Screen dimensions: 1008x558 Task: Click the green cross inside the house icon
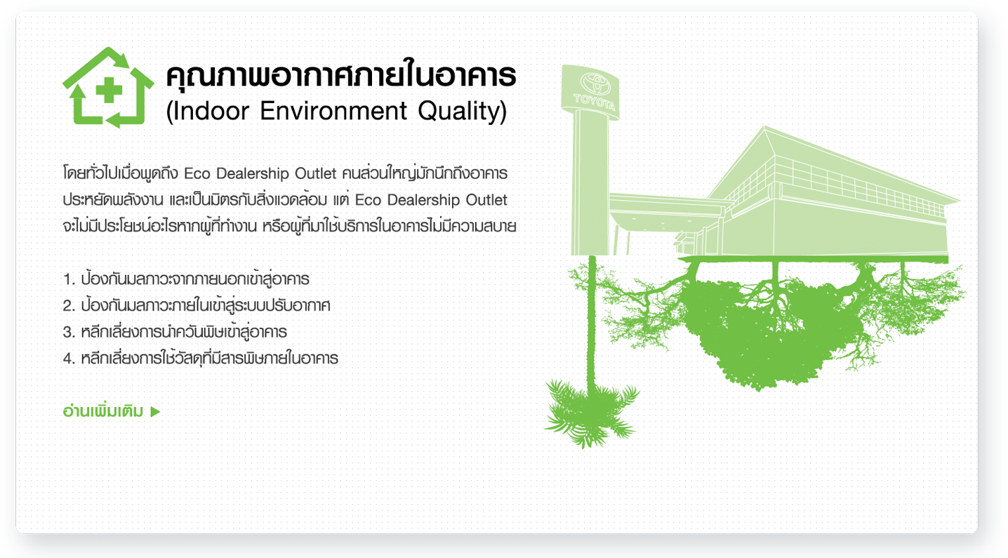tap(109, 90)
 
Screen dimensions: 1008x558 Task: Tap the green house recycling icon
tap(108, 87)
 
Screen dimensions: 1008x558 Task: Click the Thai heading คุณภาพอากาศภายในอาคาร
tap(341, 74)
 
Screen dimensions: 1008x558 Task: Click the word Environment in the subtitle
tap(333, 111)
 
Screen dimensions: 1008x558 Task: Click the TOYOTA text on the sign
tap(594, 102)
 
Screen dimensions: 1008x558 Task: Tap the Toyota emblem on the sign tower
tap(595, 84)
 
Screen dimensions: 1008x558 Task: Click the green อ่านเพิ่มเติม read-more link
tap(103, 411)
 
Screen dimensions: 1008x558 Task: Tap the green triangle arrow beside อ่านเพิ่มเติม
tap(155, 412)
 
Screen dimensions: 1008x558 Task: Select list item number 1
tap(186, 279)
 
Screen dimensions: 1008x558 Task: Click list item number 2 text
tap(197, 305)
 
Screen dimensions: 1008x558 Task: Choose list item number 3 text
tap(175, 332)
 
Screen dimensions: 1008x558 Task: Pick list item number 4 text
tap(201, 358)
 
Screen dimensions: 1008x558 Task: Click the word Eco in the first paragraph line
tap(197, 173)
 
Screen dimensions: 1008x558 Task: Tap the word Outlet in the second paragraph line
tap(486, 200)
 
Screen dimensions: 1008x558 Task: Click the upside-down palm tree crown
tap(591, 412)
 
